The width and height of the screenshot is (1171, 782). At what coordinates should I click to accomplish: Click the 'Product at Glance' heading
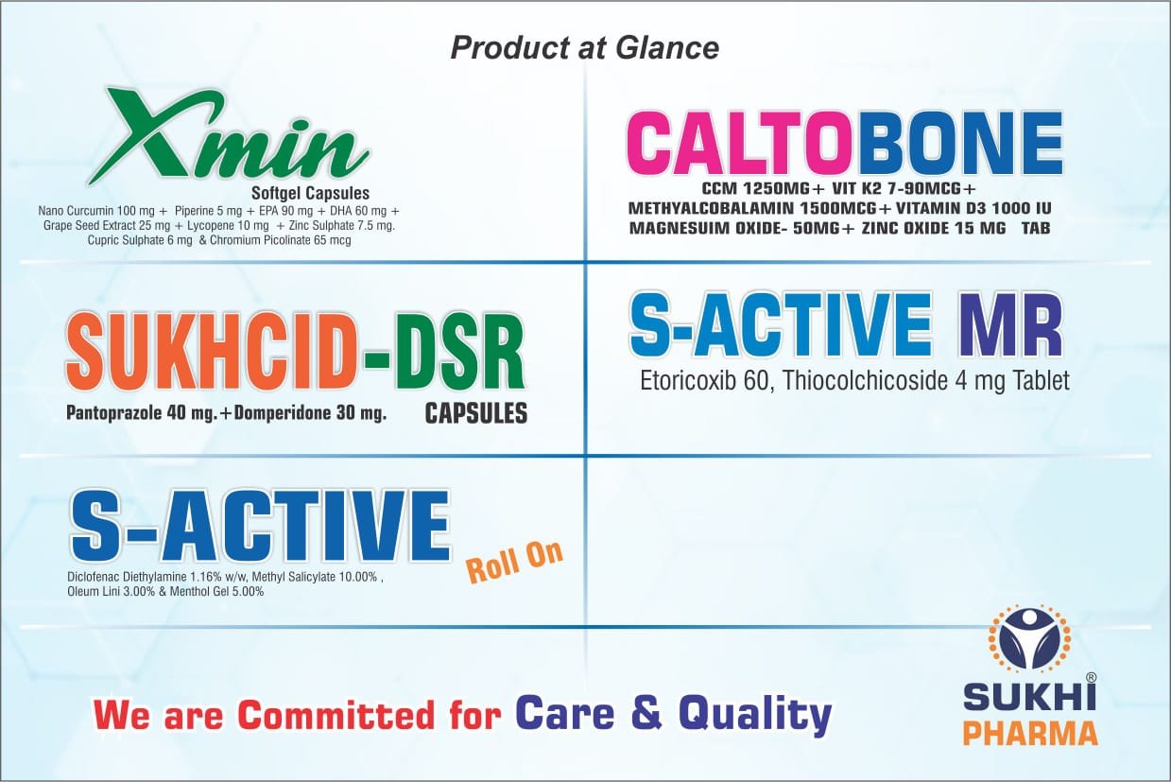[x=584, y=48]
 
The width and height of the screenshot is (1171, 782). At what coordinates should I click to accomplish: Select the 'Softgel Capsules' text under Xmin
[x=311, y=193]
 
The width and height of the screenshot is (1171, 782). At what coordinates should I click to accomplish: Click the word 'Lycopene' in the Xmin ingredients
[x=209, y=226]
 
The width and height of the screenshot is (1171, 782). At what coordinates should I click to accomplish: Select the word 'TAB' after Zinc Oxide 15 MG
[x=1037, y=228]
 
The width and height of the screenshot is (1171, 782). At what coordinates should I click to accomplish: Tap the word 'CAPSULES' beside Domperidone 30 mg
[x=476, y=413]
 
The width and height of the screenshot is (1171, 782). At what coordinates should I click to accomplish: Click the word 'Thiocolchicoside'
[x=865, y=381]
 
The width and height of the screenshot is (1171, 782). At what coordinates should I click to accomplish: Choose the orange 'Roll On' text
[x=515, y=562]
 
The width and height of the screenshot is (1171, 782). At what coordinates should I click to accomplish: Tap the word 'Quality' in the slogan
[x=755, y=715]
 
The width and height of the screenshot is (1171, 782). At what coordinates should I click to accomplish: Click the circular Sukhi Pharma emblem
[x=1030, y=646]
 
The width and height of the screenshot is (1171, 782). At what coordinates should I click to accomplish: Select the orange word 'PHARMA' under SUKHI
[x=1030, y=733]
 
